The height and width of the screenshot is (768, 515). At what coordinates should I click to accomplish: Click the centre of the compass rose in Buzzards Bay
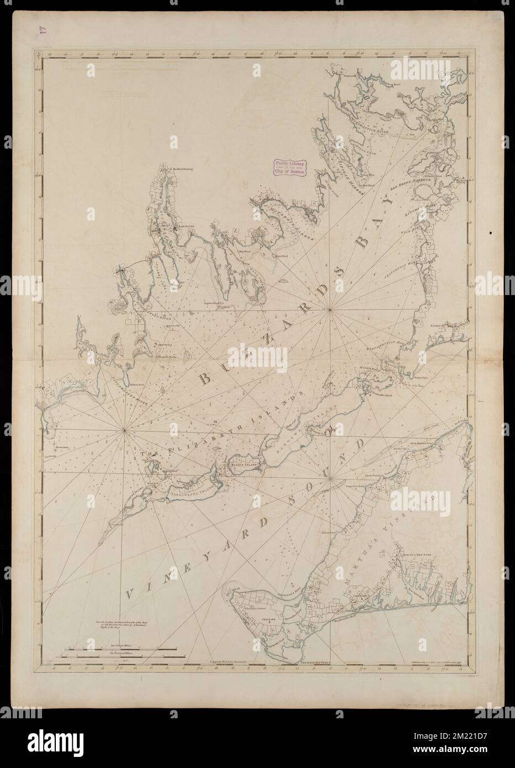click(x=330, y=310)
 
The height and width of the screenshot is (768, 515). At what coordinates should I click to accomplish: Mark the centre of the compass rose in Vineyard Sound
click(x=330, y=478)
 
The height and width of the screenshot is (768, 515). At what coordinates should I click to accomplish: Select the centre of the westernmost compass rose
click(x=124, y=429)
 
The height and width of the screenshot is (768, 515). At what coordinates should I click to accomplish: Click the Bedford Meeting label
click(x=181, y=170)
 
